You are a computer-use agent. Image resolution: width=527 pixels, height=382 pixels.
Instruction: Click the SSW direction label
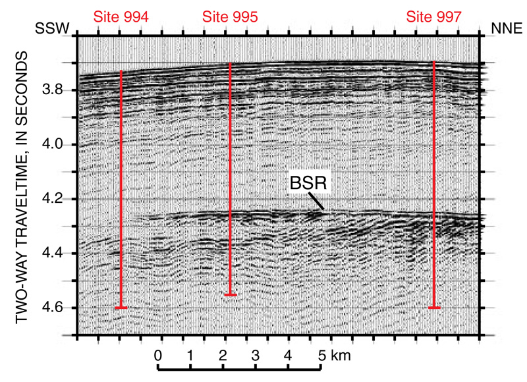pyautogui.click(x=52, y=29)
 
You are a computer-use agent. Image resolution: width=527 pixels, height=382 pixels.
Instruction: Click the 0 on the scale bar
pyautogui.click(x=158, y=356)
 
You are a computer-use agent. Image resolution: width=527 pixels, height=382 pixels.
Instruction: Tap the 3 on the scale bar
pyautogui.click(x=255, y=356)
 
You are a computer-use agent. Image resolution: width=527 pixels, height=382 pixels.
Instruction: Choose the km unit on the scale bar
pyautogui.click(x=340, y=356)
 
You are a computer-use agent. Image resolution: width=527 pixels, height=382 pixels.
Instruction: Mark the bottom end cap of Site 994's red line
pyautogui.click(x=121, y=308)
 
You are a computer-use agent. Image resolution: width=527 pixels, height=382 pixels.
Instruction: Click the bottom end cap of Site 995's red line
pyautogui.click(x=230, y=294)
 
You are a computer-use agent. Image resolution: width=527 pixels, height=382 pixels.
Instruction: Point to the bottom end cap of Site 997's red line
pyautogui.click(x=434, y=308)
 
